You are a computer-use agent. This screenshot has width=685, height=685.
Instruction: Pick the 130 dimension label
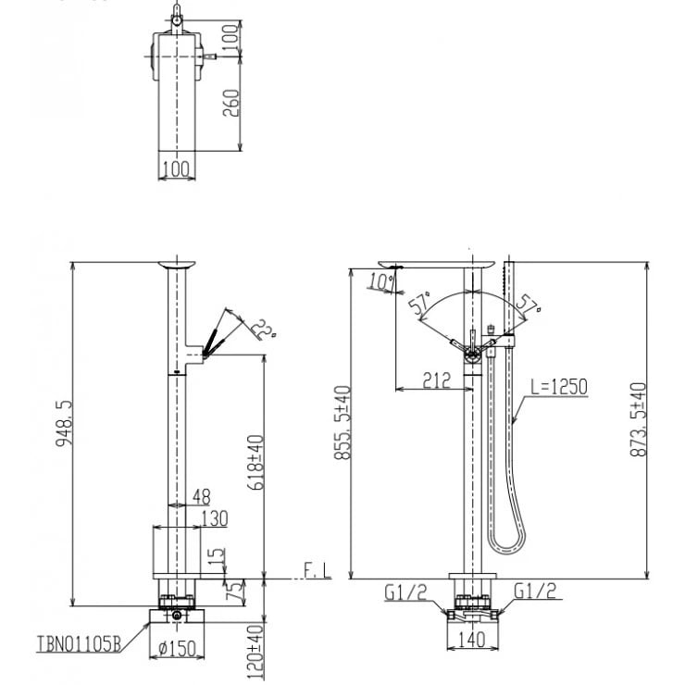pos(213,518)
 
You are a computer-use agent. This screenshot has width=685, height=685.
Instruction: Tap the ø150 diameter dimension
pos(179,649)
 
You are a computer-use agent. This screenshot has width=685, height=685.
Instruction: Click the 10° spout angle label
pos(380,280)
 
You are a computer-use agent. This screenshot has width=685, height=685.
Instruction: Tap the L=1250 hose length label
pos(558,386)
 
